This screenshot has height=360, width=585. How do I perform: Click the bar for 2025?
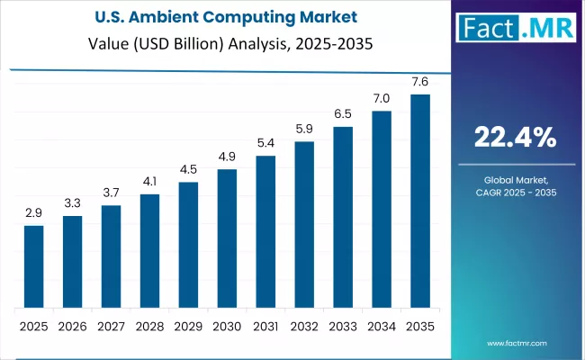pos(33,265)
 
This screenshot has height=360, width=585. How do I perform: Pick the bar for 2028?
pos(149,250)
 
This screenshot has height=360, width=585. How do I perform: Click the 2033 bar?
pos(343,216)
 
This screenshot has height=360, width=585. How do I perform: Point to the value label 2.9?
pos(33,212)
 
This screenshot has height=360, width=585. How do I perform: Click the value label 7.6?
pos(420,81)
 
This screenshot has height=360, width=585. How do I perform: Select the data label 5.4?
pos(265,143)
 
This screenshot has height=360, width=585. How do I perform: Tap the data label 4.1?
pos(149,181)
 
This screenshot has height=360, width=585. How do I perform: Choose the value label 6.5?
pos(343,113)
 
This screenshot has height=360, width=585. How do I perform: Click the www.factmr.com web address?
pos(516,343)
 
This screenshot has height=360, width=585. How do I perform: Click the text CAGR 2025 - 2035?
pos(516,193)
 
